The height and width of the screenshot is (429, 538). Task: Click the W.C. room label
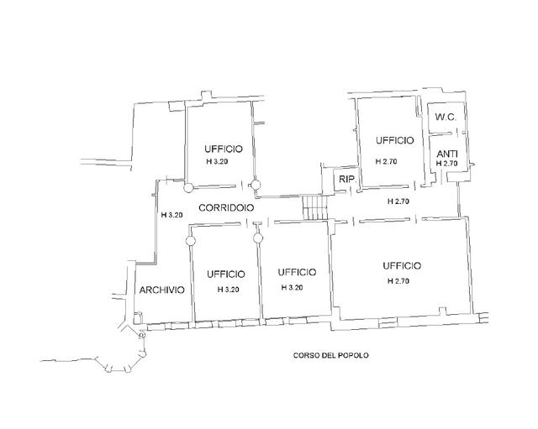click(446, 118)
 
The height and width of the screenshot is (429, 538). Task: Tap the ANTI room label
click(447, 154)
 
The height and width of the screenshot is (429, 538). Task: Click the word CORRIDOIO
click(226, 207)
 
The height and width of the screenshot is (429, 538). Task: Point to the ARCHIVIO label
click(162, 290)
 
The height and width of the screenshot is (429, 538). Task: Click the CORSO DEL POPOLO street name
click(330, 355)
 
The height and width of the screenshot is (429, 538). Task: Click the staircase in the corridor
click(315, 207)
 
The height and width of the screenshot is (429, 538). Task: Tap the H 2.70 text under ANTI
click(446, 164)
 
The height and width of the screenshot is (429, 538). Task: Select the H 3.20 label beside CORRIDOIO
click(171, 215)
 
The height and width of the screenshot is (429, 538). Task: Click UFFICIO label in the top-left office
click(224, 149)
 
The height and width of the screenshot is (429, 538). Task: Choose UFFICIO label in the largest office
click(402, 265)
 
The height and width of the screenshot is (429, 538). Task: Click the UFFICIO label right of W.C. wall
click(394, 140)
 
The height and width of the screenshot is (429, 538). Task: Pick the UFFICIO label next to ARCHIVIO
click(226, 275)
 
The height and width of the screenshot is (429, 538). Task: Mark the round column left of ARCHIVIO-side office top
click(191, 241)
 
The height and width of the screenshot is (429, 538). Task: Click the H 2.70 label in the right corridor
click(398, 201)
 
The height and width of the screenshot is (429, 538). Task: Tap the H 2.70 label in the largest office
click(398, 281)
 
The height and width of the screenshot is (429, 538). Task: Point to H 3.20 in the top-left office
click(217, 162)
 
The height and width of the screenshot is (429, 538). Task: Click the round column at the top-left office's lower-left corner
click(188, 187)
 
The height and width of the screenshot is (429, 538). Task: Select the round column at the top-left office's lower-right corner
click(256, 185)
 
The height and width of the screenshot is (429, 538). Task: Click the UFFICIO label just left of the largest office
click(297, 272)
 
